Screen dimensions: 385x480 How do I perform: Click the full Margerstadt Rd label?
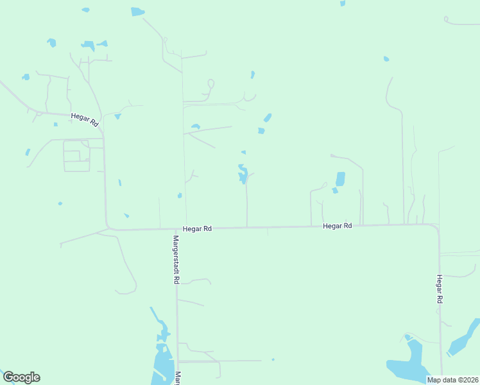point(175,260)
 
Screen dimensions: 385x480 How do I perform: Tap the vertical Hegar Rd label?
point(440,289)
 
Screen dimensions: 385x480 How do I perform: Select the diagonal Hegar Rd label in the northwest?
point(84,119)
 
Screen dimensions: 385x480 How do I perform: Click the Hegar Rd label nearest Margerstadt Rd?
point(197,228)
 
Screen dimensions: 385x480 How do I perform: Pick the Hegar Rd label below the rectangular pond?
point(338,226)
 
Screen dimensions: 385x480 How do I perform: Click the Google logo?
point(21,377)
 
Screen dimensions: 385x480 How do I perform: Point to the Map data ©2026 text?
point(452,380)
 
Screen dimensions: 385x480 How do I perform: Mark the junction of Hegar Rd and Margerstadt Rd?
point(176,228)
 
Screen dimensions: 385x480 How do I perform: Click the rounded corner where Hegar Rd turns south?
point(436,227)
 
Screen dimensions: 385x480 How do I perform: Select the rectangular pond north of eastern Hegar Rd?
point(340,178)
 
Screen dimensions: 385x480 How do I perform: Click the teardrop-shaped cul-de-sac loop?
point(210,83)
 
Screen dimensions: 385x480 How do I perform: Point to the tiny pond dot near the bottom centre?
point(273,359)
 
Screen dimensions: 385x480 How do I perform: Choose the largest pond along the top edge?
point(137,12)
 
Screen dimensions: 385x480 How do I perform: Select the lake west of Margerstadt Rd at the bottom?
point(160,366)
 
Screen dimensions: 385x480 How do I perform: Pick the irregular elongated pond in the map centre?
point(243,174)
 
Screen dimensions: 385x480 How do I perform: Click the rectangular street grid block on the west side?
point(76,155)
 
